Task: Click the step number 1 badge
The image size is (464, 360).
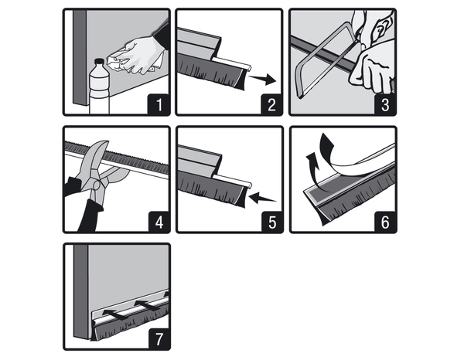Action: click(x=159, y=104)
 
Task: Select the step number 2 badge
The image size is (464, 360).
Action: click(x=271, y=104)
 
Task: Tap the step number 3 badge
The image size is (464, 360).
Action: click(x=385, y=104)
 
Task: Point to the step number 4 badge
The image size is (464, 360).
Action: click(x=159, y=222)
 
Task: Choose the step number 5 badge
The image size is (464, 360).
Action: click(x=272, y=222)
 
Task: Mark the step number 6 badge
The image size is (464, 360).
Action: click(x=385, y=222)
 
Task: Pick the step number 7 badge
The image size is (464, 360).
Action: click(x=159, y=338)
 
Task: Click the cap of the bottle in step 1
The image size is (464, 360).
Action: click(x=100, y=62)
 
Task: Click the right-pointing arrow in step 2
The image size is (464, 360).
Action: click(x=262, y=79)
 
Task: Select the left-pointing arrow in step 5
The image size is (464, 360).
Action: click(x=262, y=198)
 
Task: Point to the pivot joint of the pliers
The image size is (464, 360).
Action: click(x=97, y=185)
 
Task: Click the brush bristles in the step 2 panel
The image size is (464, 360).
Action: click(x=212, y=73)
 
